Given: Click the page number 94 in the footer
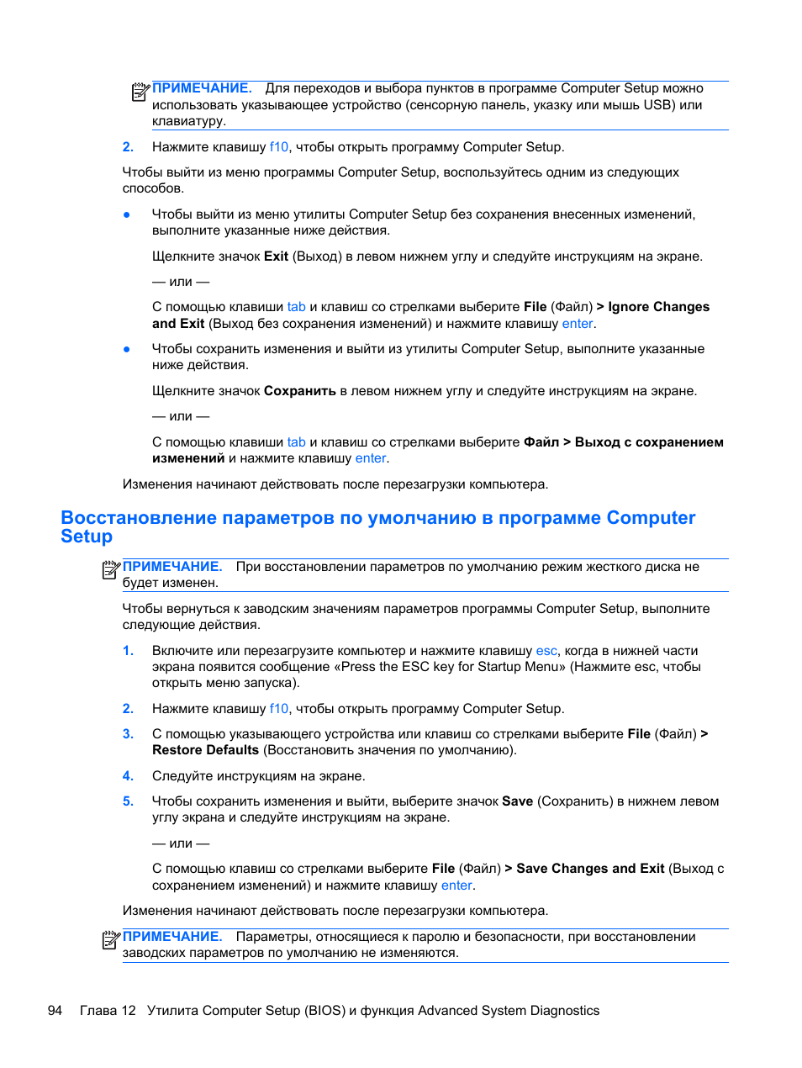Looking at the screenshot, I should click(x=55, y=1011).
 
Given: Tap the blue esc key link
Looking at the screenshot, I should click(x=546, y=651).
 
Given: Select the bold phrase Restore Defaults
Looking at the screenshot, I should click(x=205, y=750).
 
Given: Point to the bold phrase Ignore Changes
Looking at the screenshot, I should click(x=658, y=307).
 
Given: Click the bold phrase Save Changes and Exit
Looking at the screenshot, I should click(x=590, y=869).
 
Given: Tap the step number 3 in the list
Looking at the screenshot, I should click(x=128, y=734).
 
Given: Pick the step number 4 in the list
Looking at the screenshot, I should click(x=128, y=776).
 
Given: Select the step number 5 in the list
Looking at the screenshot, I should click(x=128, y=801).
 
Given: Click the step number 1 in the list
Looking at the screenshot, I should click(x=128, y=651).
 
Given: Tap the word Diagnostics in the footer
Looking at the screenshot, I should click(x=560, y=1011).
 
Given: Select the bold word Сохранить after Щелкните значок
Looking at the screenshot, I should click(x=299, y=391).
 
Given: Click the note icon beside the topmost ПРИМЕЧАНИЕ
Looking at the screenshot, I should click(x=140, y=92).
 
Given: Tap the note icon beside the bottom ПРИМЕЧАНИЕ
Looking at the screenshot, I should click(x=111, y=939).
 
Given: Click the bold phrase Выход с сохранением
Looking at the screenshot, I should click(x=648, y=442).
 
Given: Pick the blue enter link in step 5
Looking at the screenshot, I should click(x=456, y=886).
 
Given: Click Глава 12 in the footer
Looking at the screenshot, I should click(x=108, y=1011).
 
